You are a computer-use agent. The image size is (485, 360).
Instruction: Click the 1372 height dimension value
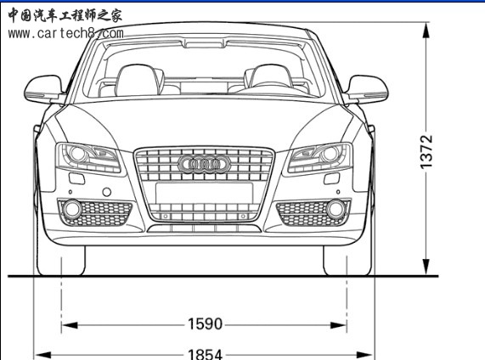426,152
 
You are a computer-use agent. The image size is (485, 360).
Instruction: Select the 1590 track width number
205,324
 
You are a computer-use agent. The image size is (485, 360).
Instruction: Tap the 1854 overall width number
205,354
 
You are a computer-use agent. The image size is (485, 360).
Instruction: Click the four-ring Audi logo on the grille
205,164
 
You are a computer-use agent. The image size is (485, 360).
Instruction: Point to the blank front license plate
204,193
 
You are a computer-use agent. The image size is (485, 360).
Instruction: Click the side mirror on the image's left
44,89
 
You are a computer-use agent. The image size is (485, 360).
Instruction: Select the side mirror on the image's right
367,89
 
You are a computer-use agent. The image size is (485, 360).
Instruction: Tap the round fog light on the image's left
72,210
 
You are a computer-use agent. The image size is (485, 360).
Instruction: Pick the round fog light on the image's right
336,209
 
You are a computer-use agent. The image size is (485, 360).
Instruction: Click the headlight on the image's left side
88,158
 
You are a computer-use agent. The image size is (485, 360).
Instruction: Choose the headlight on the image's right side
320,158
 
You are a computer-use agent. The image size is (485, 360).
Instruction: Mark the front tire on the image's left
61,260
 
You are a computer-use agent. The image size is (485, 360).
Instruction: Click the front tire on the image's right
347,260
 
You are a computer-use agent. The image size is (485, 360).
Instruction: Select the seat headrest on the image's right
268,76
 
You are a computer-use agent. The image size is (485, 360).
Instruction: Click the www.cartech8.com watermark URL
66,33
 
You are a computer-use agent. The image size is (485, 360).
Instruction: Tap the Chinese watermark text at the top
65,15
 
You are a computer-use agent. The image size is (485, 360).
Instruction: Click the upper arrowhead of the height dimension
426,31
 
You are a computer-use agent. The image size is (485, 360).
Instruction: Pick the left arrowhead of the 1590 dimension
70,325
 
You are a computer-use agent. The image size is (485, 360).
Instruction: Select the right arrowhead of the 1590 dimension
339,325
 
